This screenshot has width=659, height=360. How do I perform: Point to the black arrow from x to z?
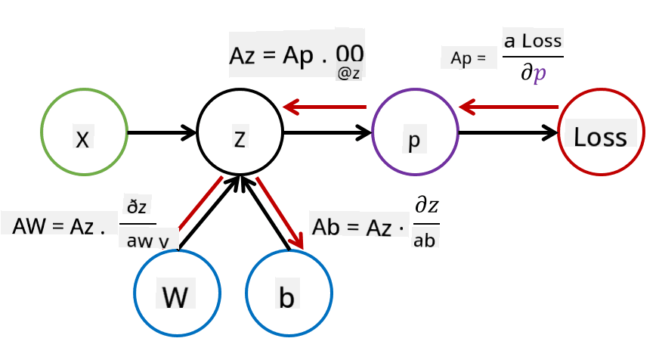[x=162, y=133]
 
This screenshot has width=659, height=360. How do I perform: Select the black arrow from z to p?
[x=328, y=133]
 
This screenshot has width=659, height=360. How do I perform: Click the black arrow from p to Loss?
[x=508, y=133]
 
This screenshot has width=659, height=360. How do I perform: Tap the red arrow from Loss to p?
[x=509, y=107]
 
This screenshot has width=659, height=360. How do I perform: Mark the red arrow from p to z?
[x=325, y=107]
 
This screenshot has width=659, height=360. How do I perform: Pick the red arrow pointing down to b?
[x=280, y=213]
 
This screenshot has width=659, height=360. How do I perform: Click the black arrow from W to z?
[x=209, y=213]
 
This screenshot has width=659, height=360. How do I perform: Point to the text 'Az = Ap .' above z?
[x=278, y=55]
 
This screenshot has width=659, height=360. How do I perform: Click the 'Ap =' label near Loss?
[x=469, y=58]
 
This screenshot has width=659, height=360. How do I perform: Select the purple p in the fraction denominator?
[x=540, y=73]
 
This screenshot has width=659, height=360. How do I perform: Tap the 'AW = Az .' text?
[x=59, y=226]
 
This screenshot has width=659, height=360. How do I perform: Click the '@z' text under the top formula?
[x=348, y=73]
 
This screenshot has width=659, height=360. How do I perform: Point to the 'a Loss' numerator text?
[x=533, y=41]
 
